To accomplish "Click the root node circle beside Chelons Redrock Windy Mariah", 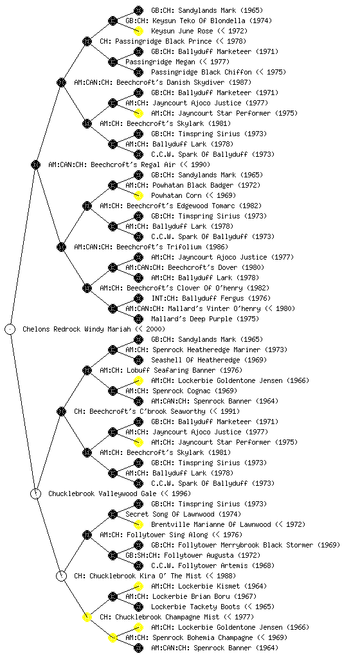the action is point(10,329).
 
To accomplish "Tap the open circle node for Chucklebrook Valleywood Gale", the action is point(36,493).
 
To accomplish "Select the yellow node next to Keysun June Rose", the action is point(138,31).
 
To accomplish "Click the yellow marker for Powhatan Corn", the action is point(138,195).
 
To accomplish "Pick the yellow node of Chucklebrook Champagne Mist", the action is point(87,617).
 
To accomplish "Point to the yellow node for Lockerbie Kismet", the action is point(138,586).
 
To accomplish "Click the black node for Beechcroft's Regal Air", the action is point(35,164).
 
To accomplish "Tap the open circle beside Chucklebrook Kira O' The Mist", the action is point(61,576).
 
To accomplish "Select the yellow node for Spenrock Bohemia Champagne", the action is point(113,637).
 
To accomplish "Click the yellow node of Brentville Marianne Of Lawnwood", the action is point(138,524).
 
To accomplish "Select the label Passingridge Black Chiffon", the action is point(201,72).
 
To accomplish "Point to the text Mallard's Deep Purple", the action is point(191,319).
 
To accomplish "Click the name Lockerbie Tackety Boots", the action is point(195,607).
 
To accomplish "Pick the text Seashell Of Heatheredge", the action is point(195,360).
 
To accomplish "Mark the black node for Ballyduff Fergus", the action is point(138,298).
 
